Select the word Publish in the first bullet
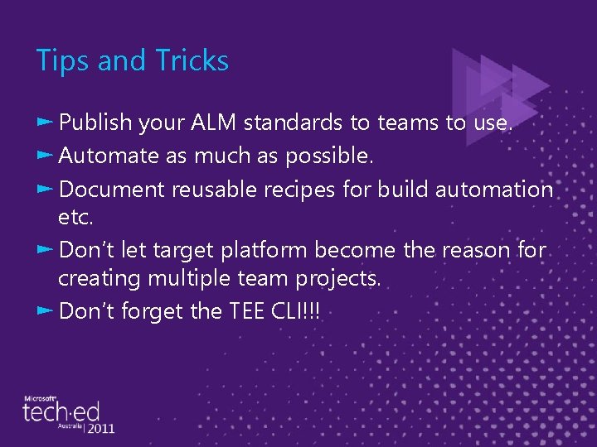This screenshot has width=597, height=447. (x=95, y=123)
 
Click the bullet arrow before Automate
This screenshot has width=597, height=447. (x=46, y=155)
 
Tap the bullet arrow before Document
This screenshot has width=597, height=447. (x=46, y=188)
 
